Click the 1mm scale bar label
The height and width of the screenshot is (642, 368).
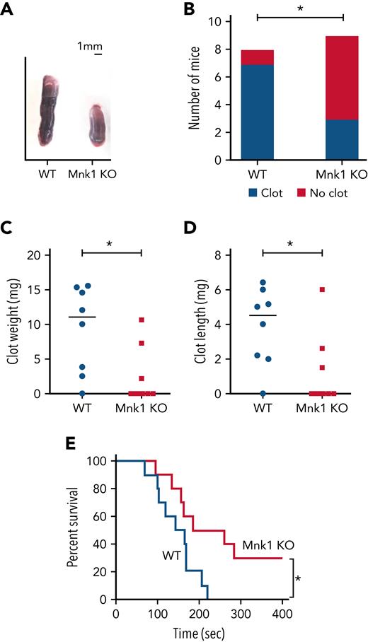tap(90, 46)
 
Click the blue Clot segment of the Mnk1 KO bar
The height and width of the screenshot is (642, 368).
tap(342, 140)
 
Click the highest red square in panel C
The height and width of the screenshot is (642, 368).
tap(142, 320)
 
